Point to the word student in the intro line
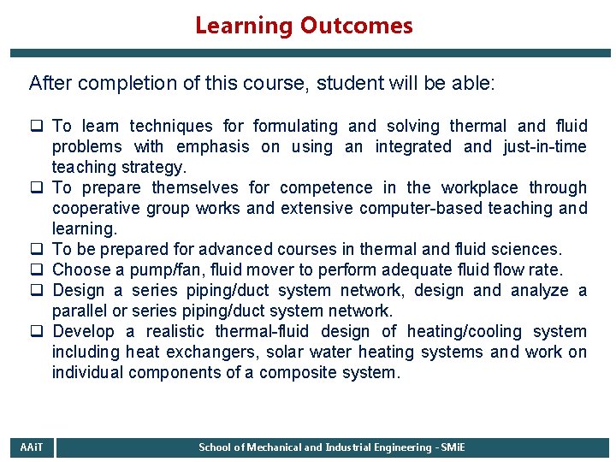pos(346,84)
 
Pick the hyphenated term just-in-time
pos(543,147)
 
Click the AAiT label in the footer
pos(30,447)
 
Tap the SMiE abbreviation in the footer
pos(448,447)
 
